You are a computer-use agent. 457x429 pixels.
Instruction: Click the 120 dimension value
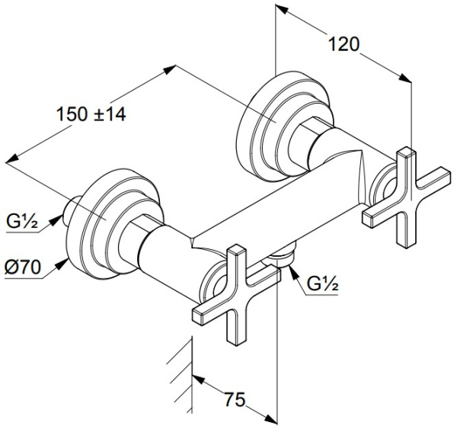click(344, 45)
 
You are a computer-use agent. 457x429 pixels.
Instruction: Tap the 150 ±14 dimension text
click(91, 114)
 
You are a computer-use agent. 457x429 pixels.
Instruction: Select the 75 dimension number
click(235, 399)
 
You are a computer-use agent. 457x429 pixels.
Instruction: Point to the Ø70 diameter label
click(23, 267)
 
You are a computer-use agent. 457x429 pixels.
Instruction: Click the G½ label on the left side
click(21, 223)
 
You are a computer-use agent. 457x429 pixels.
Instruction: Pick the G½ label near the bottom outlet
click(323, 284)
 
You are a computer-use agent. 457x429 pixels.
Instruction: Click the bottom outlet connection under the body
click(280, 257)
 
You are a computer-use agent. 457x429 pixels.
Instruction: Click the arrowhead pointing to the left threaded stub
click(56, 219)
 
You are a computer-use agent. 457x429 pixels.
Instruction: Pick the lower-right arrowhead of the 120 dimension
click(404, 78)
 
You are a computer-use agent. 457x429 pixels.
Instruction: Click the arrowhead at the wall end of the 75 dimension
click(199, 379)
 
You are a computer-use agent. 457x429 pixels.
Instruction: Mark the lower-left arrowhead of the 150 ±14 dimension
click(12, 158)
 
